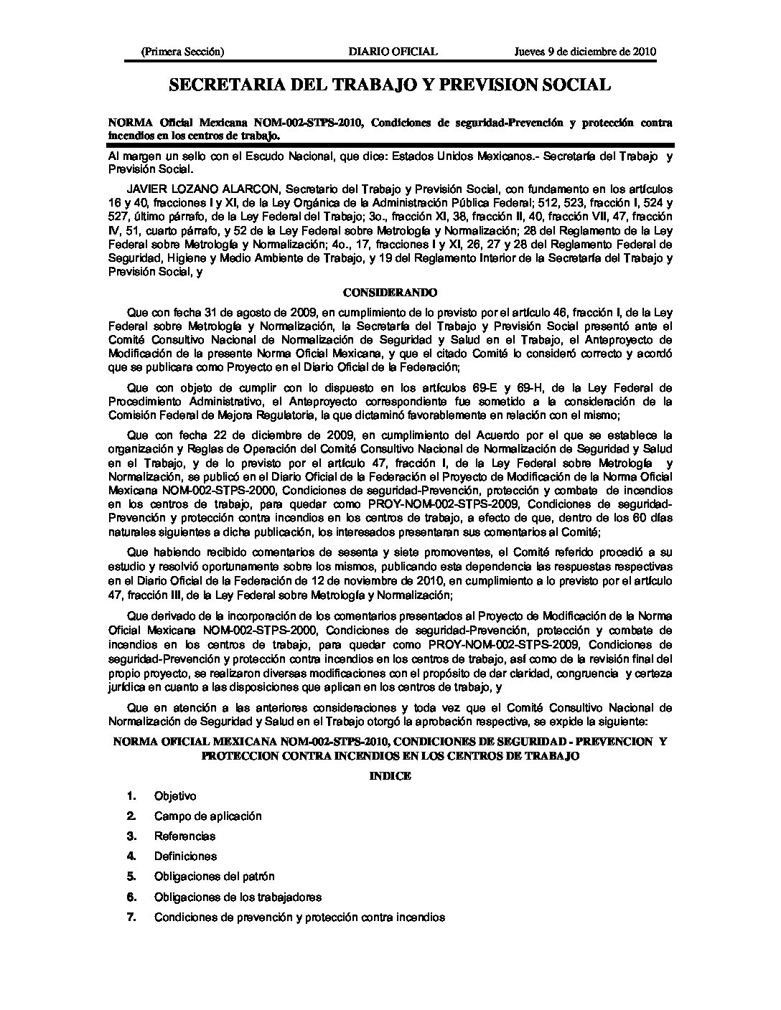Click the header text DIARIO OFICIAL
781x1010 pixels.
pyautogui.click(x=392, y=52)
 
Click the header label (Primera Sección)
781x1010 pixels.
pyautogui.click(x=183, y=52)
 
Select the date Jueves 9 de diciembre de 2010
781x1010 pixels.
pyautogui.click(x=586, y=52)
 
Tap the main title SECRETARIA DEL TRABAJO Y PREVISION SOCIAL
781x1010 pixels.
pyautogui.click(x=390, y=85)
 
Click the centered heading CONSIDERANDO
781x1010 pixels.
pyautogui.click(x=390, y=293)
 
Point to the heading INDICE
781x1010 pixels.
pyautogui.click(x=390, y=776)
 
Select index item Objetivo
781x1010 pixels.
pyautogui.click(x=175, y=796)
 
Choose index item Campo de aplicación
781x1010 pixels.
pyautogui.click(x=207, y=816)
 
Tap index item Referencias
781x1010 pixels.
pyautogui.click(x=184, y=836)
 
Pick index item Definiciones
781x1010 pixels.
pyautogui.click(x=185, y=856)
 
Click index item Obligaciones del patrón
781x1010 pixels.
pyautogui.click(x=214, y=877)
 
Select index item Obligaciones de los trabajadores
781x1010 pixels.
pyautogui.click(x=238, y=897)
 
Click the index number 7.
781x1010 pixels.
pyautogui.click(x=131, y=917)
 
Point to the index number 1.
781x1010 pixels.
pyautogui.click(x=131, y=796)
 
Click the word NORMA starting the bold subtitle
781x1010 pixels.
pyautogui.click(x=129, y=123)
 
